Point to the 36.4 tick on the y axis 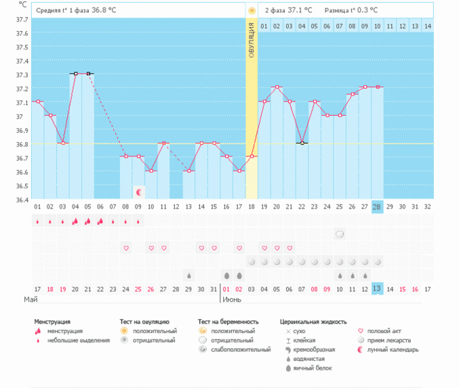pyautogui.click(x=22, y=199)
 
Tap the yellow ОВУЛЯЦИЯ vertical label pyautogui.click(x=252, y=40)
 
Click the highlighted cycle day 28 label pyautogui.click(x=378, y=207)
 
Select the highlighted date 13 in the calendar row pyautogui.click(x=378, y=288)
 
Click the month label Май pyautogui.click(x=31, y=299)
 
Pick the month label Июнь pyautogui.click(x=233, y=299)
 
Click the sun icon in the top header pyautogui.click(x=252, y=11)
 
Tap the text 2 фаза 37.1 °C pyautogui.click(x=288, y=11)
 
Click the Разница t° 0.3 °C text pyautogui.click(x=351, y=11)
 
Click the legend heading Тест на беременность pyautogui.click(x=228, y=322)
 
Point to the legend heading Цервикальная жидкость pyautogui.click(x=313, y=322)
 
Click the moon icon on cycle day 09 pyautogui.click(x=139, y=192)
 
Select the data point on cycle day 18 pyautogui.click(x=252, y=156)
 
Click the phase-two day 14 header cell pyautogui.click(x=427, y=26)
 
